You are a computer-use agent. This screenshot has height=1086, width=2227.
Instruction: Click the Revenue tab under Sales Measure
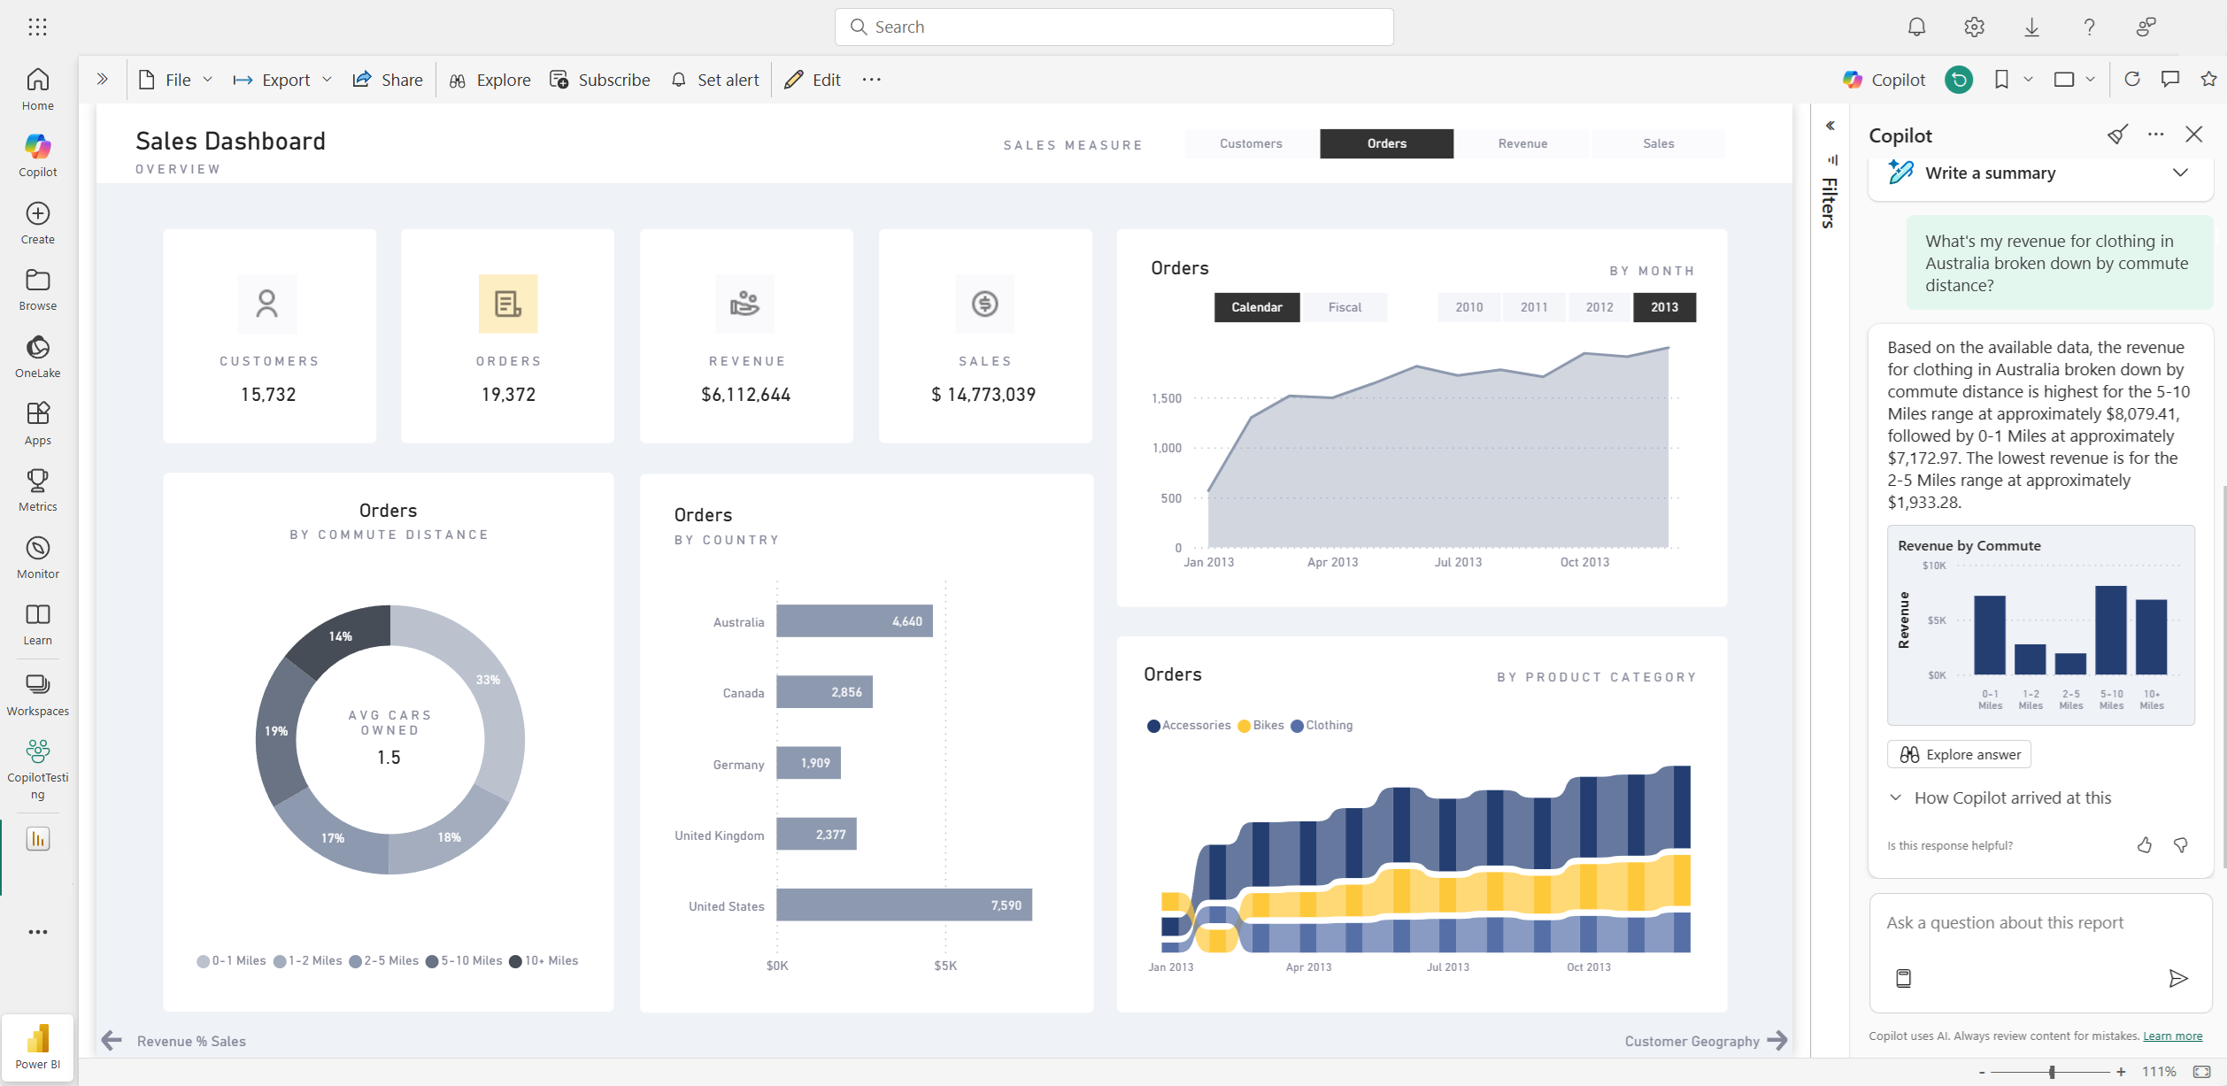[1522, 143]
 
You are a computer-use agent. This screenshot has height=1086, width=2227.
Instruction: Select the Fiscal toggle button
[1344, 307]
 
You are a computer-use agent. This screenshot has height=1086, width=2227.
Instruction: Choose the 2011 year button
[1534, 307]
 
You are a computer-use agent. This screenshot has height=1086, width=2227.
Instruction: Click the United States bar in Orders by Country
[904, 905]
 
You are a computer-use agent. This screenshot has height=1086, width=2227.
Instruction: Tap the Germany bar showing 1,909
[808, 763]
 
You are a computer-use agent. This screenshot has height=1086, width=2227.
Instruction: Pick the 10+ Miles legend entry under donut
[543, 960]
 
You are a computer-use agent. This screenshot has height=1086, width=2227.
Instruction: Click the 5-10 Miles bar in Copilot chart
[2110, 630]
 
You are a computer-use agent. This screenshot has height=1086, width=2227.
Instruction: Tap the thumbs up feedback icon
[2144, 845]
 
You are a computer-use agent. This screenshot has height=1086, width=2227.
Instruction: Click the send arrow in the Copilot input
[2177, 978]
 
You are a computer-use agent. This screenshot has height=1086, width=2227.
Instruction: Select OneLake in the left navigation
[37, 356]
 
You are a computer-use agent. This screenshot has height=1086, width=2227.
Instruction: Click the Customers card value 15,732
[268, 395]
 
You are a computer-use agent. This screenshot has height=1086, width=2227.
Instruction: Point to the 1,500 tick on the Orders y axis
[1167, 398]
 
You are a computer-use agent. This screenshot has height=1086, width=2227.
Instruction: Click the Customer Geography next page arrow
[1776, 1041]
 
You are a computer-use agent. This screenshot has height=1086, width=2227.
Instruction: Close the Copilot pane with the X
[2193, 135]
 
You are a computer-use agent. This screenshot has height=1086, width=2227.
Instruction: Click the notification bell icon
[1916, 27]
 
